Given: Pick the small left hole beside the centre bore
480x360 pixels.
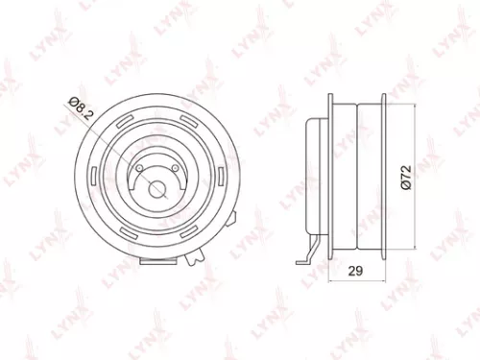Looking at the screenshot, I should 140,169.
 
